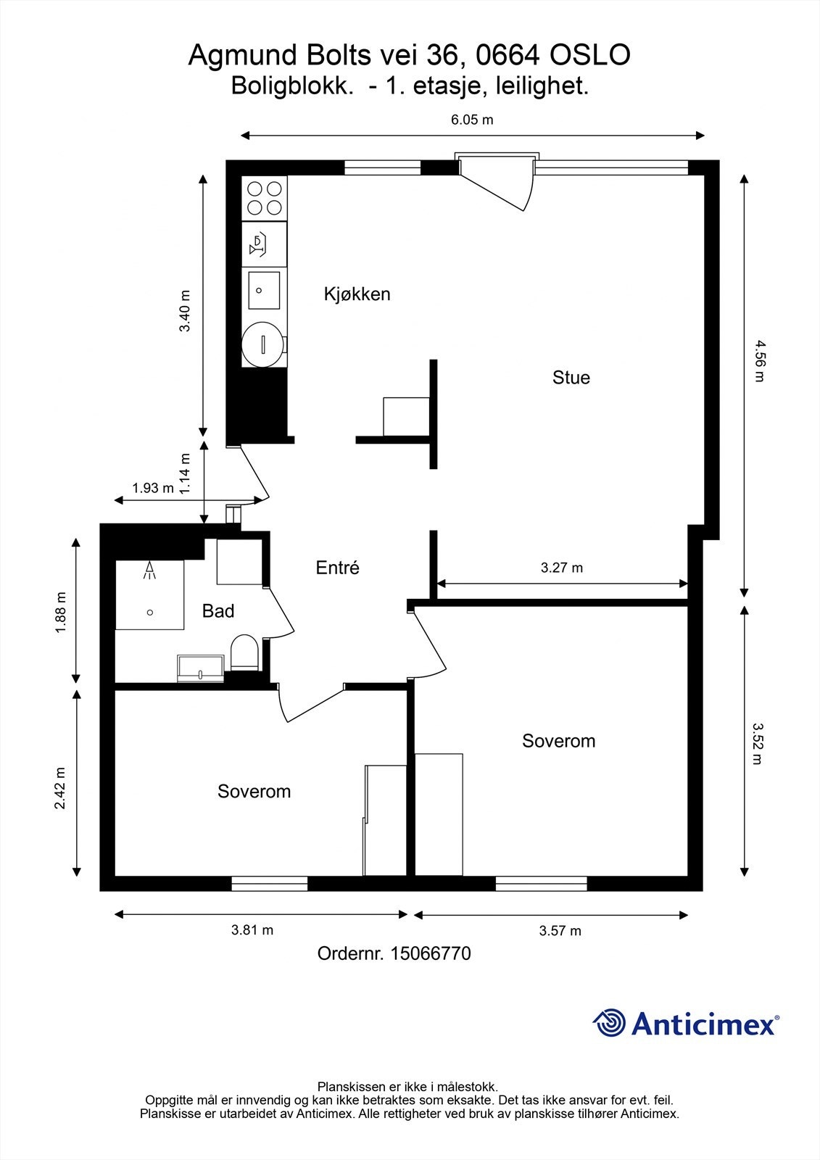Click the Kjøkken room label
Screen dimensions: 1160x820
pyautogui.click(x=357, y=294)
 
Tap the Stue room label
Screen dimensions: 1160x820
pyautogui.click(x=571, y=377)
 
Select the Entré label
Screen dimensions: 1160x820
pyautogui.click(x=337, y=568)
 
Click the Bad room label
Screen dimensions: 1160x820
pyautogui.click(x=218, y=611)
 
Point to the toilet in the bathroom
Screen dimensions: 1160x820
pyautogui.click(x=244, y=652)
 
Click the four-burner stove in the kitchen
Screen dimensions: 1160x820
pyautogui.click(x=264, y=198)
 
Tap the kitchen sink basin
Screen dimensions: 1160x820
pyautogui.click(x=264, y=290)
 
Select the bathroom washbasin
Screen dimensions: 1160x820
pyautogui.click(x=201, y=668)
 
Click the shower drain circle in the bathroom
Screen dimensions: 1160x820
pyautogui.click(x=150, y=613)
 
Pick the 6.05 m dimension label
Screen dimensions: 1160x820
pyautogui.click(x=472, y=120)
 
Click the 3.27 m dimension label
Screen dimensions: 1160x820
pyautogui.click(x=561, y=568)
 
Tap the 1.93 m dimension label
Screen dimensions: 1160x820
pyautogui.click(x=152, y=488)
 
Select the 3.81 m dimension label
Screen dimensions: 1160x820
pyautogui.click(x=252, y=930)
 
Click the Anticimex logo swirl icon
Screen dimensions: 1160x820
pyautogui.click(x=609, y=1023)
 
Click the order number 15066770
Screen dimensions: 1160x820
pyautogui.click(x=431, y=953)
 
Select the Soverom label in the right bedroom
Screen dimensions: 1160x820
pyautogui.click(x=558, y=741)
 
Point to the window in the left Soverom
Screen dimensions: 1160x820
pyautogui.click(x=269, y=884)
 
